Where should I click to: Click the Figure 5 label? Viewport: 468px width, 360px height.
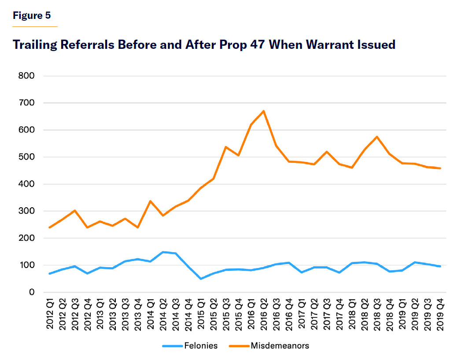32,16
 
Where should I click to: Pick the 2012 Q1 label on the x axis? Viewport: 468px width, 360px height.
50,313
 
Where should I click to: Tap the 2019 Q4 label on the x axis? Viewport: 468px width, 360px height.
440,313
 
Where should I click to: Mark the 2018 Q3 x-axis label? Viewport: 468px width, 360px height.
377,313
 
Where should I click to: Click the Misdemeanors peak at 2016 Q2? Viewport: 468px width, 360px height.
264,111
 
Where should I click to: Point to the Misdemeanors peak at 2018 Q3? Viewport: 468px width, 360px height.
377,137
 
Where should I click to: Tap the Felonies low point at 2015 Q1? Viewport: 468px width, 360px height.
201,279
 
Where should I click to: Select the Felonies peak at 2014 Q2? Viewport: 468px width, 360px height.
163,252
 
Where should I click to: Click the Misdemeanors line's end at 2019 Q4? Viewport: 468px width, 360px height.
440,168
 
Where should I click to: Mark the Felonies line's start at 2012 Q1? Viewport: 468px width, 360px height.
50,274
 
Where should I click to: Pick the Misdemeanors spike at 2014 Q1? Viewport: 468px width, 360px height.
151,201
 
